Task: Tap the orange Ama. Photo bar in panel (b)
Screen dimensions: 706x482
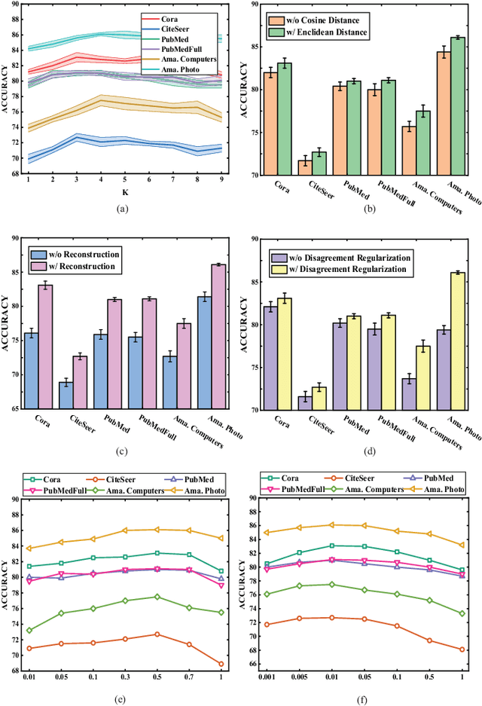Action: pos(444,113)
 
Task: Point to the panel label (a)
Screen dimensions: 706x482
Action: pos(124,207)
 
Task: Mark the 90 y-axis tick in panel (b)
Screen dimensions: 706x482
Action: pos(260,5)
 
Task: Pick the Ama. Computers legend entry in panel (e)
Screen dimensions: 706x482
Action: pos(135,490)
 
